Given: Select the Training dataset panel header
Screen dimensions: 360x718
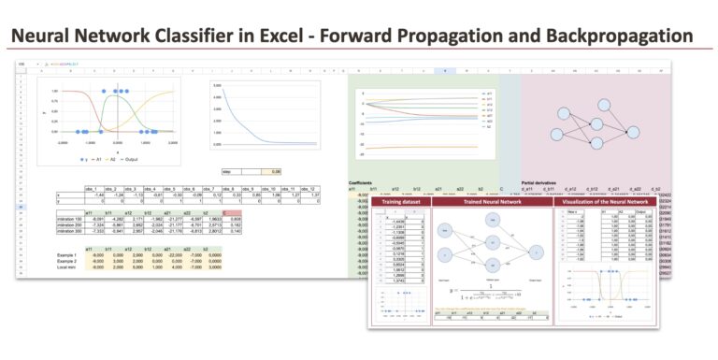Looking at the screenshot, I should (x=400, y=201).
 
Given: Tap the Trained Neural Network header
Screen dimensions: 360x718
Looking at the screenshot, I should (x=491, y=201).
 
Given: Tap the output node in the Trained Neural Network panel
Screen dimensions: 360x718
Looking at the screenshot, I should (x=537, y=250).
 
